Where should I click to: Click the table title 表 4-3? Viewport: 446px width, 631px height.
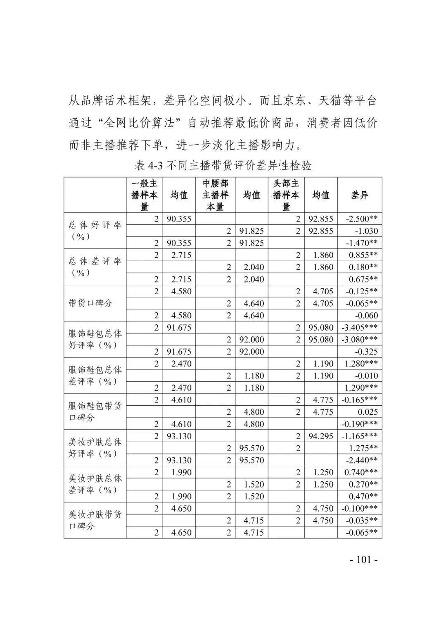coord(223,166)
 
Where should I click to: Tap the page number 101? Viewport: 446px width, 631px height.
coord(363,560)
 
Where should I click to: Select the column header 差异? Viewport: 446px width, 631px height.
coord(359,195)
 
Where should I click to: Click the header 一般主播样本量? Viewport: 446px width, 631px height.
coord(144,195)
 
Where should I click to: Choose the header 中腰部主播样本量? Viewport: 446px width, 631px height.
coord(215,195)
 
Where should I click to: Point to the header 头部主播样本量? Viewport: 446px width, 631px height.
coord(286,195)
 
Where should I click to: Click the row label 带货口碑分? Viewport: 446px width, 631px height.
coord(90,303)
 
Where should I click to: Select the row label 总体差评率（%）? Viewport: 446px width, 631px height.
coord(95,267)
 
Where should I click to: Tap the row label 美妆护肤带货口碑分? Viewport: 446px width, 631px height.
coord(95,520)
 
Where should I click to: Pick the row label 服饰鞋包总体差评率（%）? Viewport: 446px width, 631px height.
coord(95,376)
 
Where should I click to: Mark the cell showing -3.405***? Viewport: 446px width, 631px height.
coord(360,327)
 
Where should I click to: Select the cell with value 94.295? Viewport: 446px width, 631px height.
coord(321,436)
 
